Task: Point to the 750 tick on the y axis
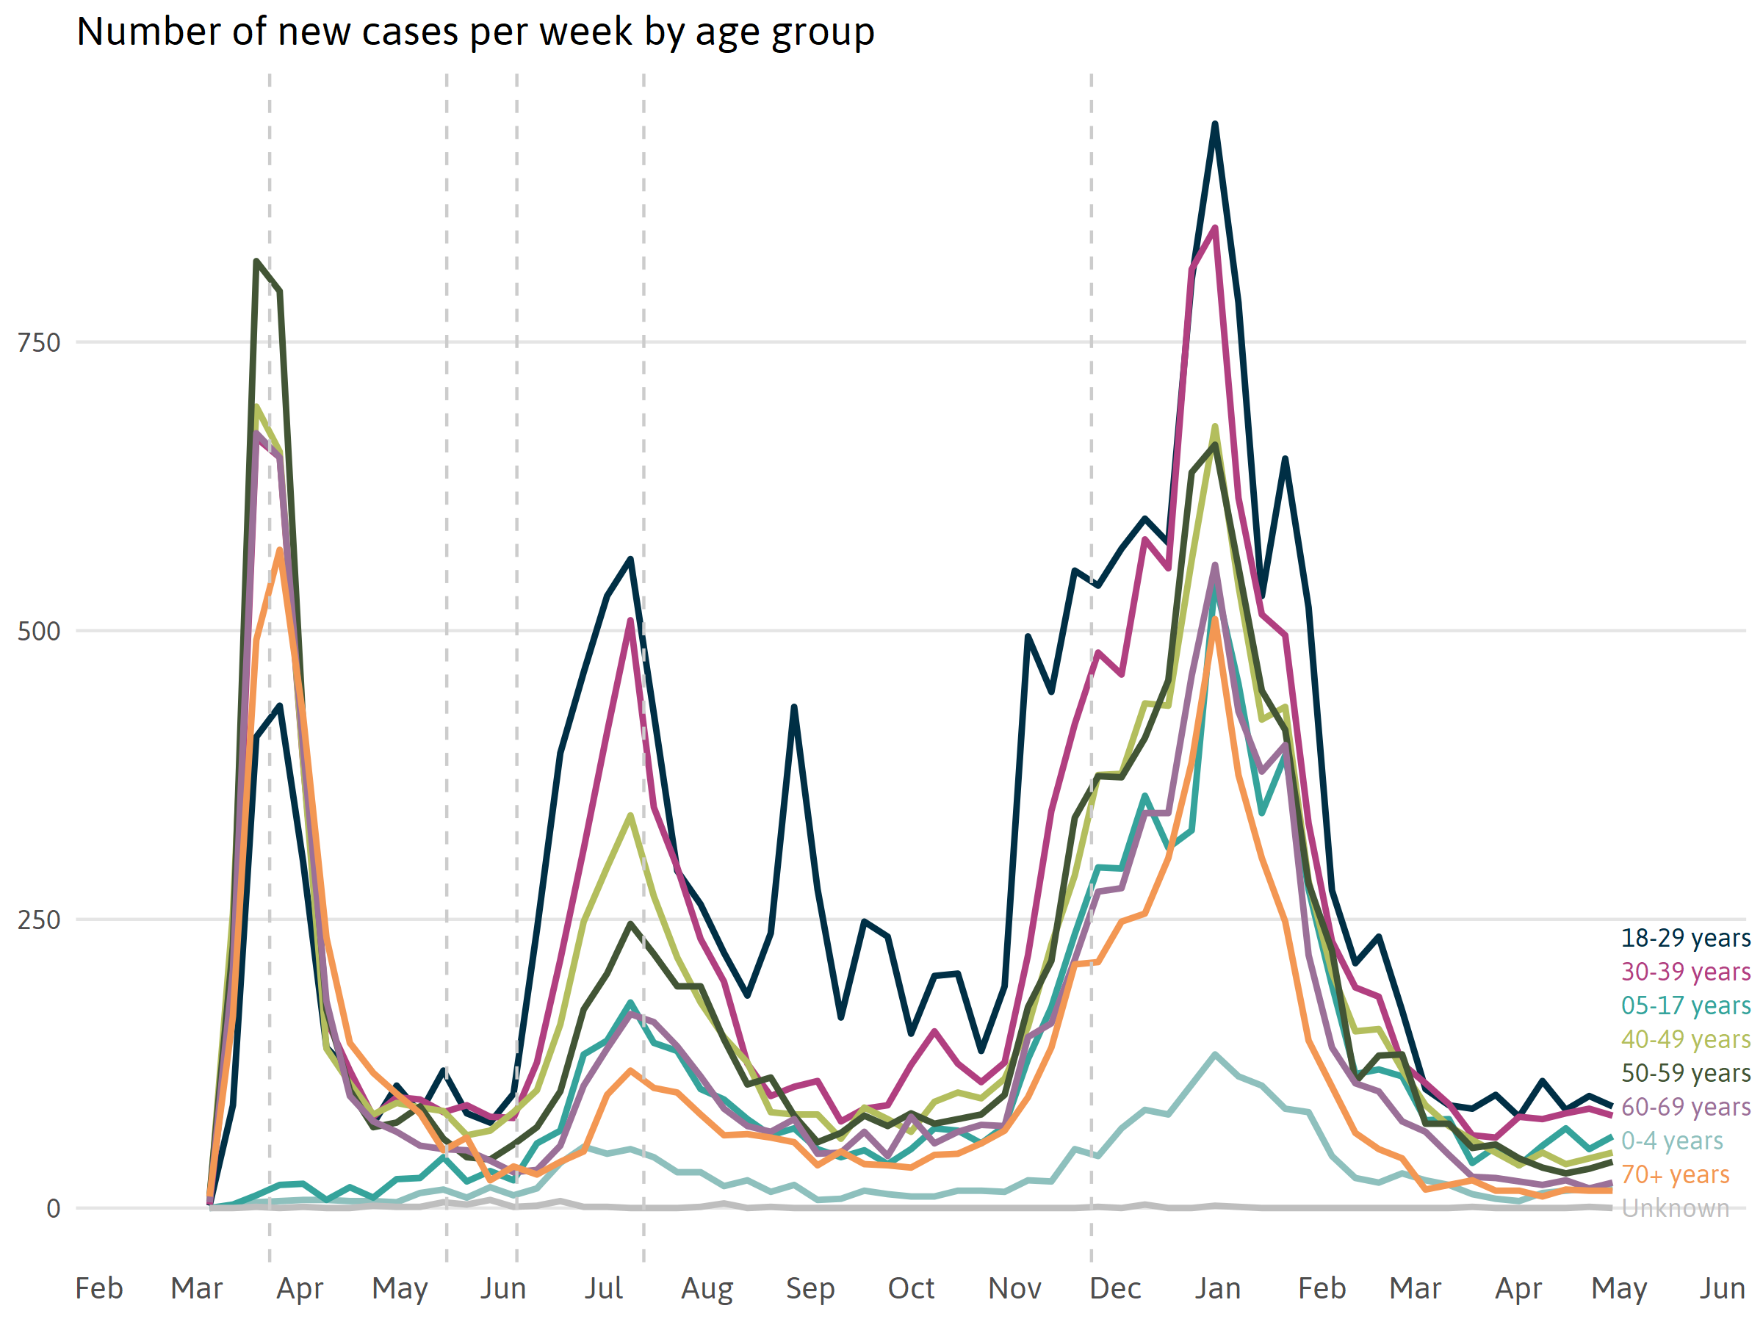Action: coord(39,343)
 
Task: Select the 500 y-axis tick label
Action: coord(39,631)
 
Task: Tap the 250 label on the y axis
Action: coord(39,920)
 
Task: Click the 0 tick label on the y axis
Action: coord(54,1208)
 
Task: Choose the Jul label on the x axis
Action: coord(603,1287)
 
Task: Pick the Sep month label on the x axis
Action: coord(810,1287)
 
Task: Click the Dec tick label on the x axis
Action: coord(1115,1287)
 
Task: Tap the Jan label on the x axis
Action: coord(1217,1287)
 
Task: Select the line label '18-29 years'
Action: coord(1686,938)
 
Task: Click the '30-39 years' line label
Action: coord(1686,972)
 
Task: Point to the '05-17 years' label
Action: coord(1686,1005)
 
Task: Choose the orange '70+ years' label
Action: coord(1676,1174)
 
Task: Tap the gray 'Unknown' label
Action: coord(1676,1208)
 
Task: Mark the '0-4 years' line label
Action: coord(1672,1141)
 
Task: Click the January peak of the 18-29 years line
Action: coord(1215,123)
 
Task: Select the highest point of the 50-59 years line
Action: coord(256,261)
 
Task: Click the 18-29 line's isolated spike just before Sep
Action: coord(794,707)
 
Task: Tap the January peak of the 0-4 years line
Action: coord(1215,1053)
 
